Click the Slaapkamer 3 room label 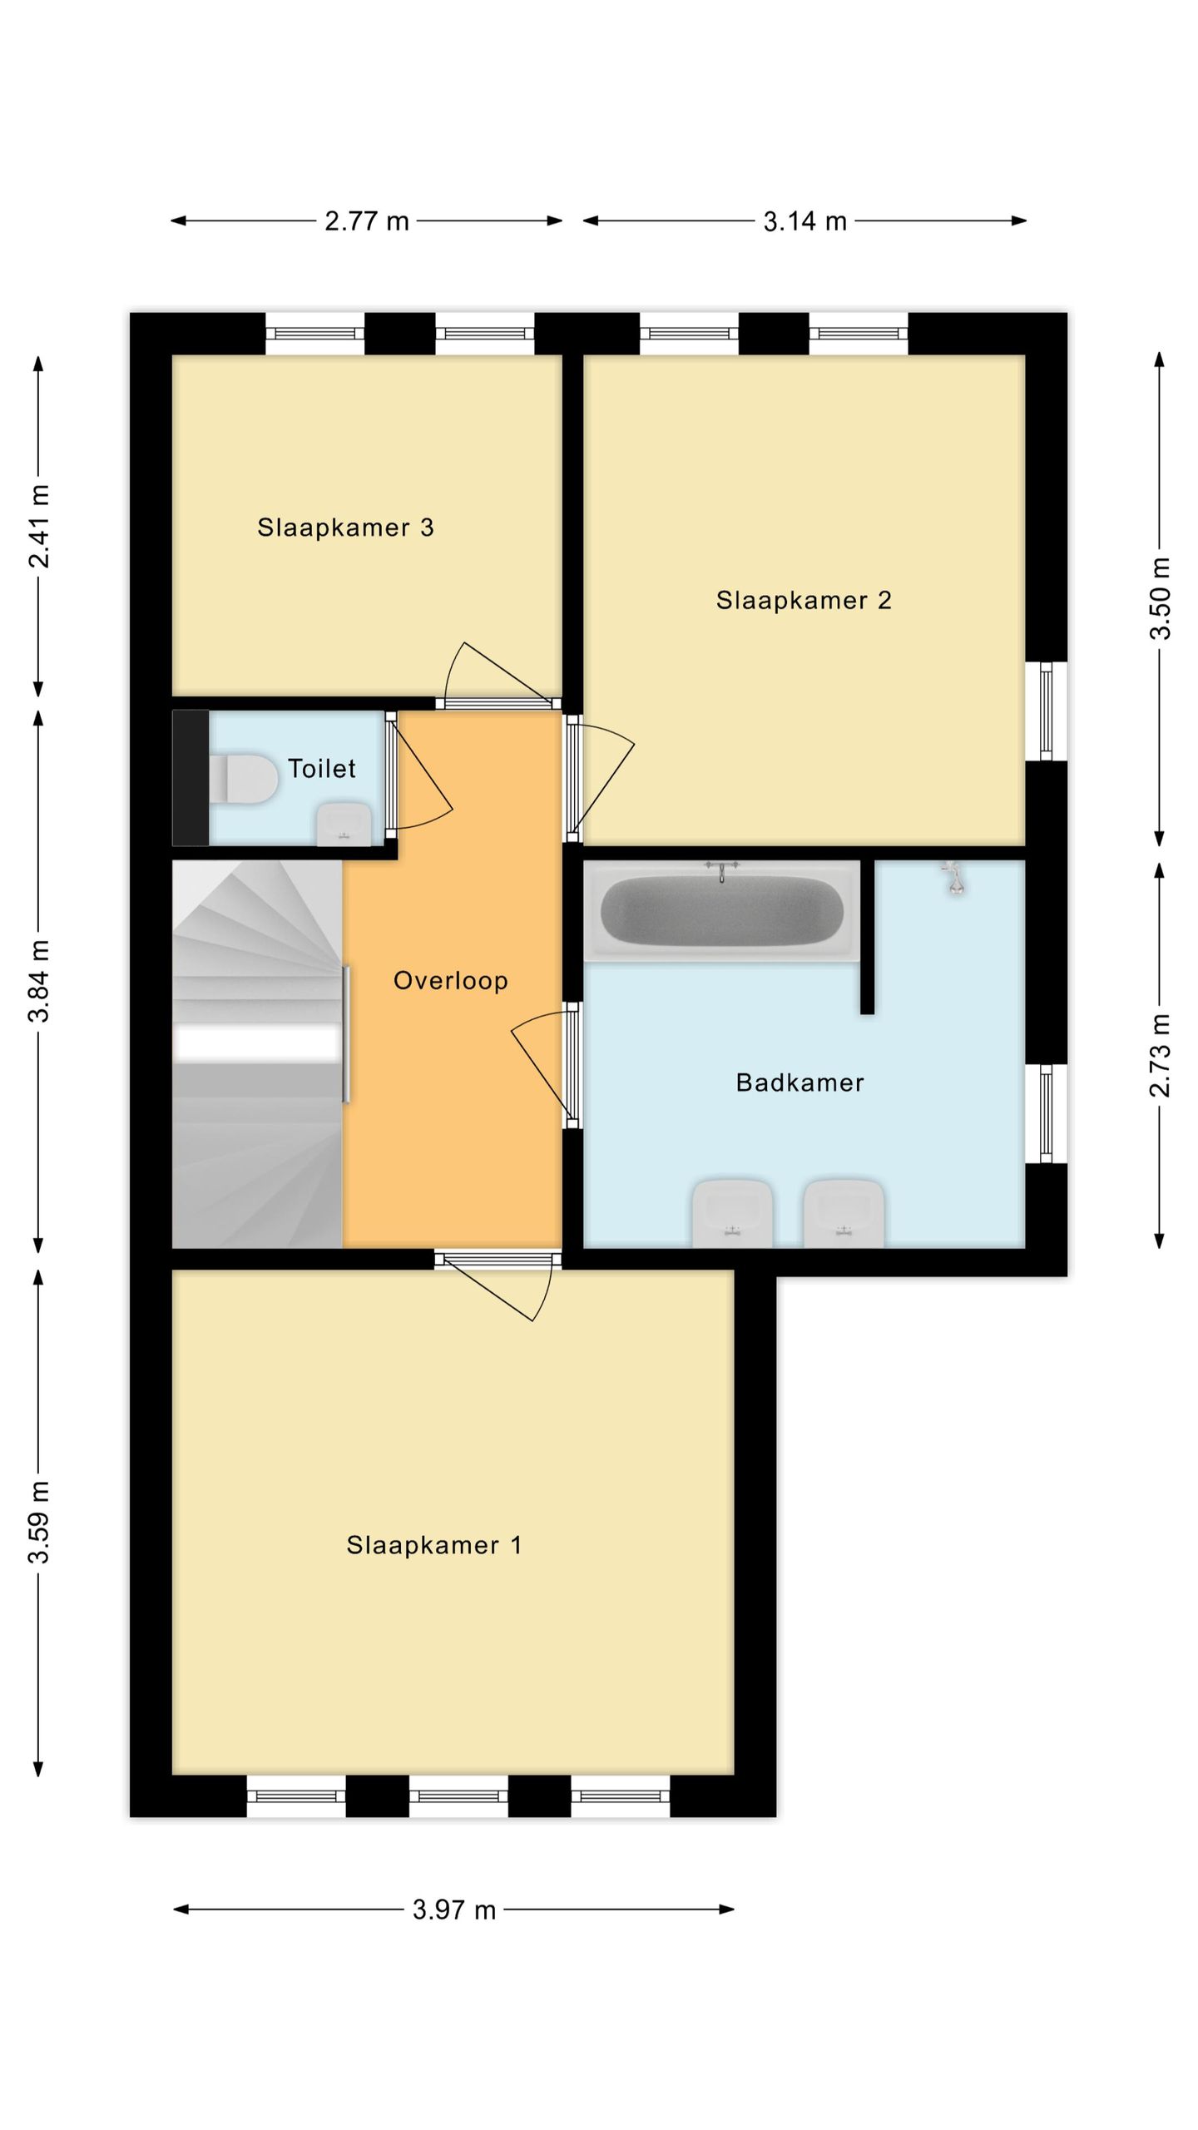tap(345, 528)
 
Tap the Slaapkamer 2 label tap(804, 600)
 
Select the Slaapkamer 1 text tap(434, 1545)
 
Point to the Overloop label tap(451, 980)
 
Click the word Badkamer tap(800, 1082)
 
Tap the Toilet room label tap(322, 768)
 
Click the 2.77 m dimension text tap(367, 221)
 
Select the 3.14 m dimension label tap(805, 221)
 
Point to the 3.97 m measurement tap(454, 1910)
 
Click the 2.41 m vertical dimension tap(39, 526)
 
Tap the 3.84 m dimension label tap(39, 980)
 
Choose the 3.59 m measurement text tap(39, 1523)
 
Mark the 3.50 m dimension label tap(1160, 598)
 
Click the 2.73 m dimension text tap(1160, 1055)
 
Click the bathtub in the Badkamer tap(721, 912)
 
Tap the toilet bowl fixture tap(243, 779)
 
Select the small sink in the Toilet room tap(344, 824)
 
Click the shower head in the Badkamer tap(954, 878)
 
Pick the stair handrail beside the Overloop tap(346, 1034)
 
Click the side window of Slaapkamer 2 tap(1047, 711)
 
